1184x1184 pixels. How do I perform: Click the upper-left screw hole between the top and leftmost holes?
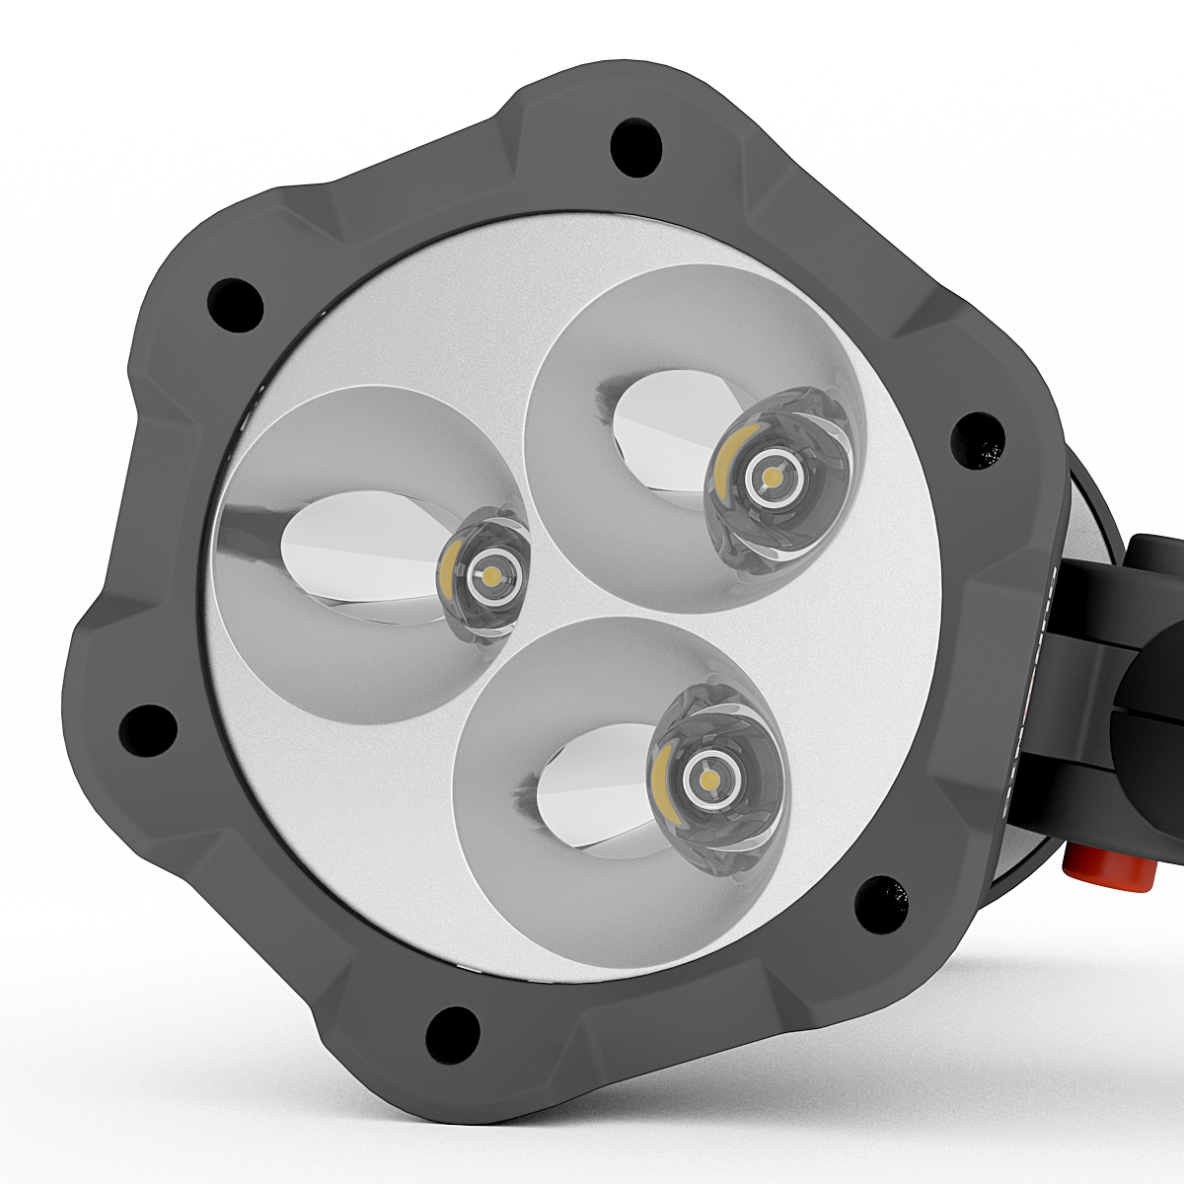pos(236,303)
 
